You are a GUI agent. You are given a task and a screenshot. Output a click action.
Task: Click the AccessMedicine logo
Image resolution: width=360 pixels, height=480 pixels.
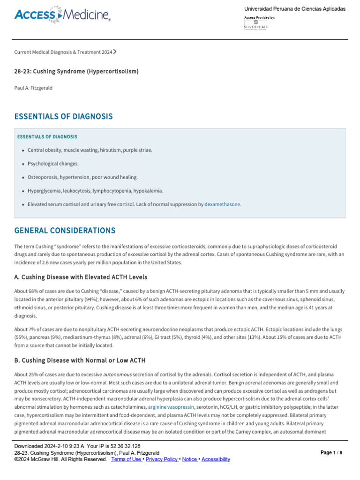(62, 15)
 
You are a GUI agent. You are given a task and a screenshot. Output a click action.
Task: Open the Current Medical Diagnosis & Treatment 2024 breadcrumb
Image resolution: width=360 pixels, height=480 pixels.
(63, 52)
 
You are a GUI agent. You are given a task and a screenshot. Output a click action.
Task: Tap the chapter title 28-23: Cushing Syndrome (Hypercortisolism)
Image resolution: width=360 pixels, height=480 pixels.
(76, 71)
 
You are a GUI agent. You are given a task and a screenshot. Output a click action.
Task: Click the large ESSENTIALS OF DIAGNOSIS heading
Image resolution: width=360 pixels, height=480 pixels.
(63, 116)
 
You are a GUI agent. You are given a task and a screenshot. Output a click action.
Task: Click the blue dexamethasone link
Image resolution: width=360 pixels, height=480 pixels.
(222, 204)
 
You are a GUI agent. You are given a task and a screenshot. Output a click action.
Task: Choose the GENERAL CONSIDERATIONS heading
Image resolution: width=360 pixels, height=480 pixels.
(65, 231)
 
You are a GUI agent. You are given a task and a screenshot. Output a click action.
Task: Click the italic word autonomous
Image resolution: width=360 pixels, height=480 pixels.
(116, 375)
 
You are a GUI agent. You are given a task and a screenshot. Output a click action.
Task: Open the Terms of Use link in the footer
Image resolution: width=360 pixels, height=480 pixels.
(127, 459)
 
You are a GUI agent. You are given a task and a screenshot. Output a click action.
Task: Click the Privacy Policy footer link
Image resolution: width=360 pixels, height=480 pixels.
(162, 459)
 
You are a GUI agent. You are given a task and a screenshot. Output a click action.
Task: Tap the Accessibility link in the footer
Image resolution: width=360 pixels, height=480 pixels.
(216, 459)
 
